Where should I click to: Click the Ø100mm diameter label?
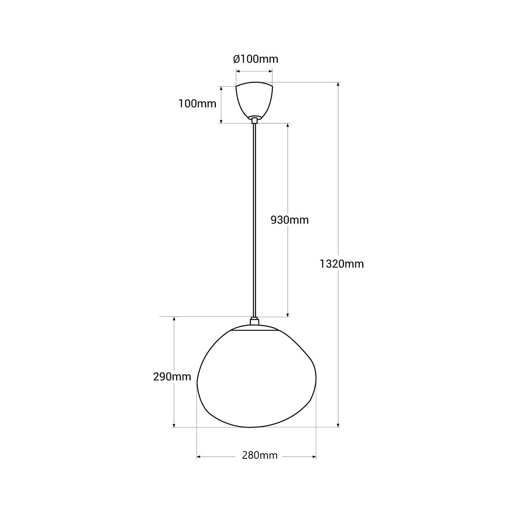[255, 59]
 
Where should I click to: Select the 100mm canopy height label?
[197, 103]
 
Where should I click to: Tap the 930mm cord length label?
[290, 220]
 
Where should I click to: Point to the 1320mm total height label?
[342, 264]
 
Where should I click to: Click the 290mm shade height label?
[172, 377]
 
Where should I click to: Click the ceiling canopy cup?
[254, 100]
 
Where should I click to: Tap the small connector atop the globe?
[255, 321]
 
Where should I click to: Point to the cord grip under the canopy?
[255, 120]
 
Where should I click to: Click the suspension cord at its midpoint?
[255, 220]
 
